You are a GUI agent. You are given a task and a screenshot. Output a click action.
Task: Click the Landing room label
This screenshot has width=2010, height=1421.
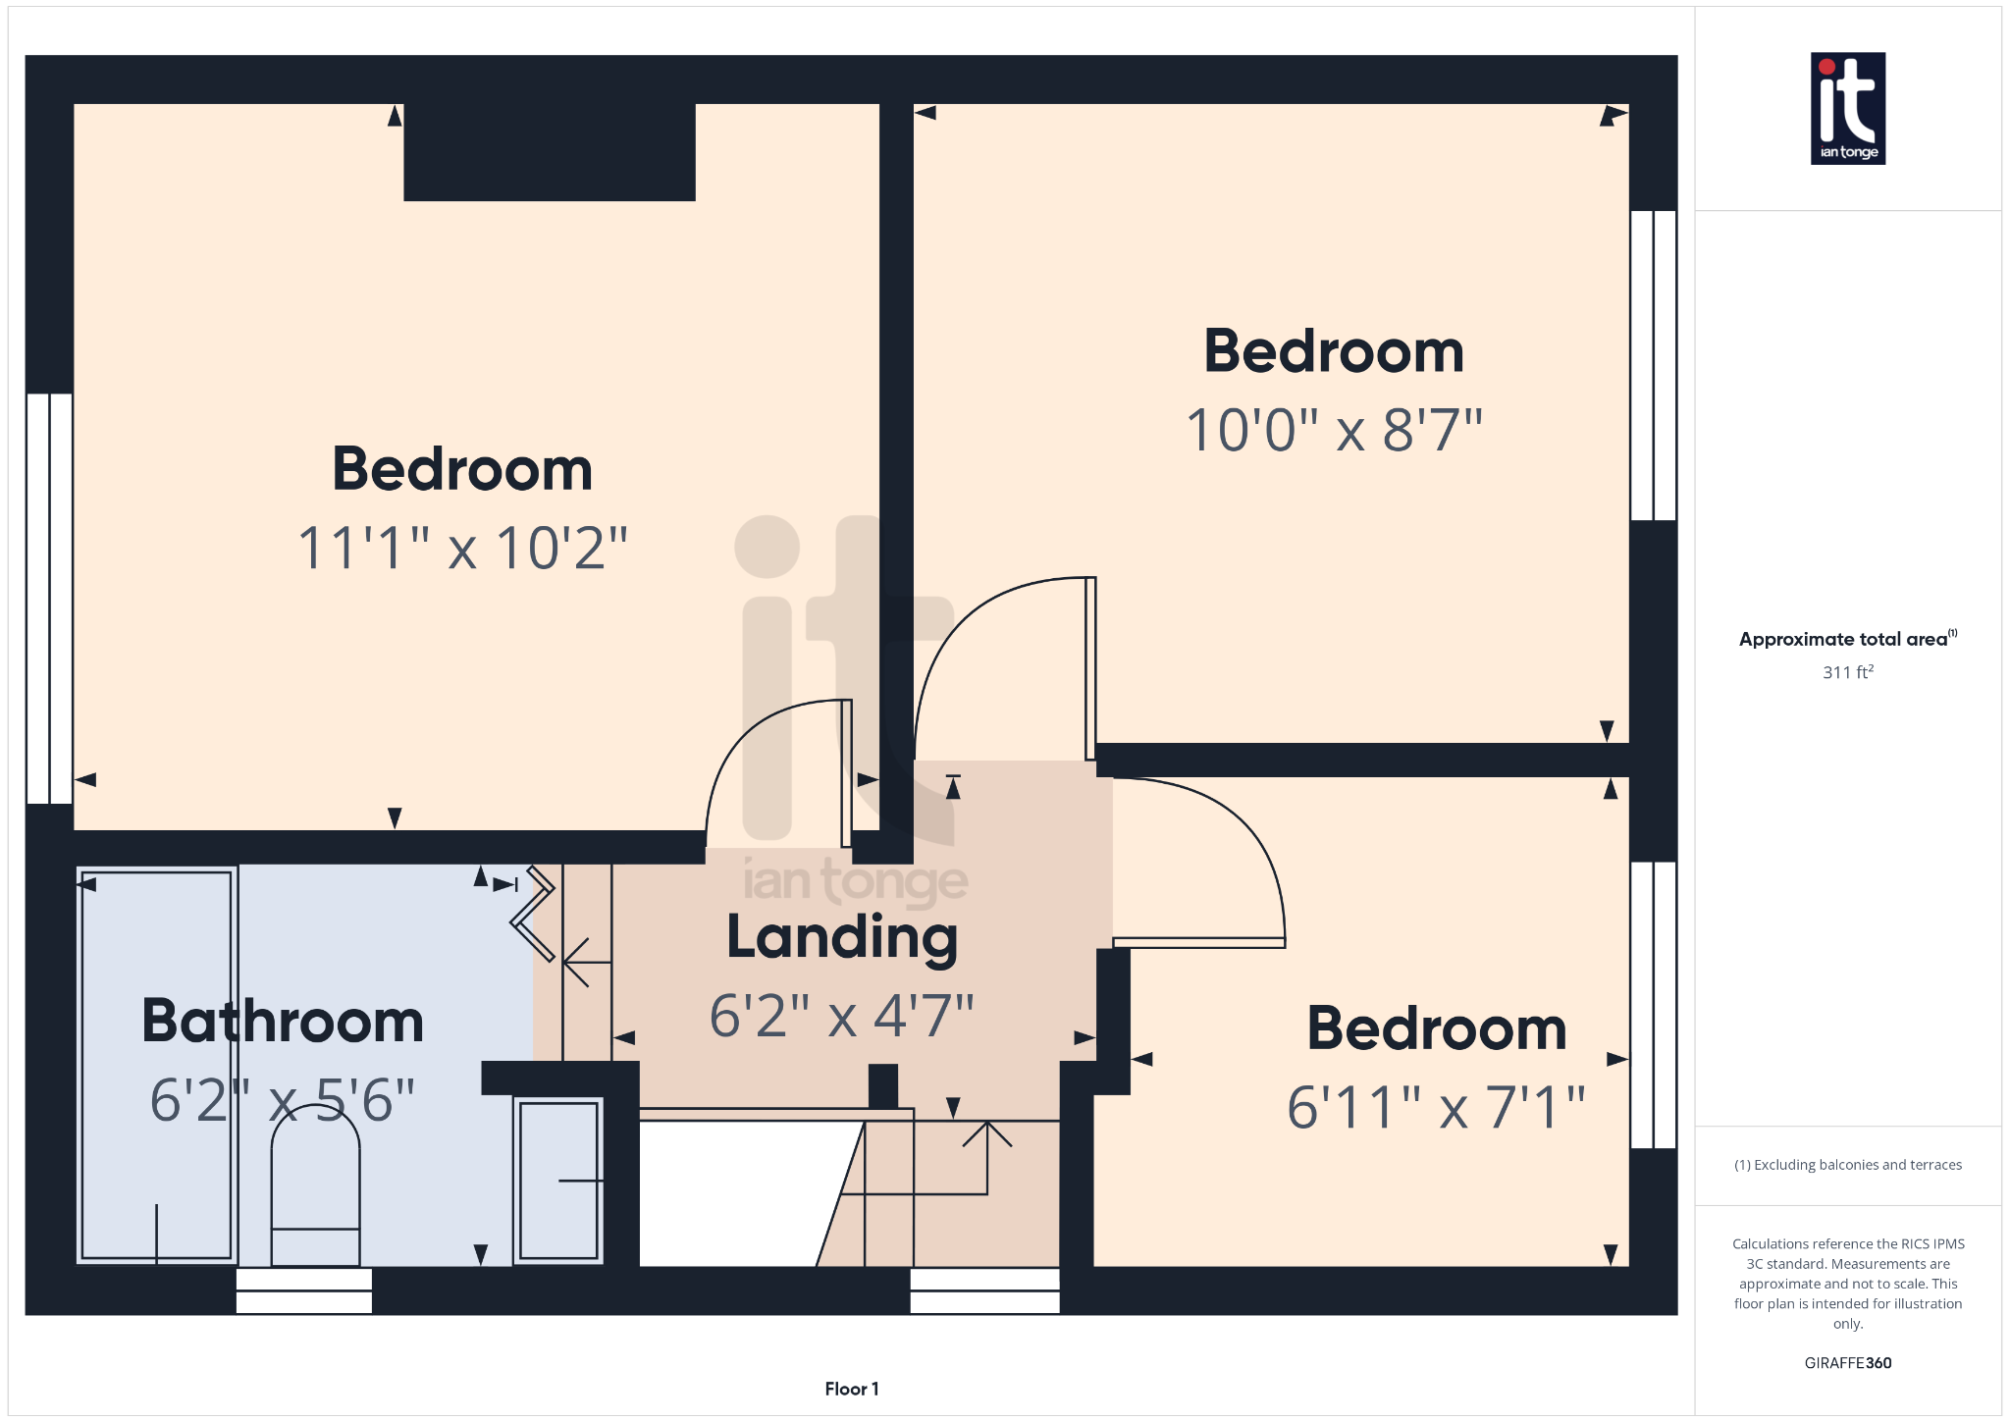842,938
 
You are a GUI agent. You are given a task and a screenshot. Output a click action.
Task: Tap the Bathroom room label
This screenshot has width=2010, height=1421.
283,1021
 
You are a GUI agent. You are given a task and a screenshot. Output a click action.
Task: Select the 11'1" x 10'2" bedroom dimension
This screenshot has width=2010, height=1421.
462,548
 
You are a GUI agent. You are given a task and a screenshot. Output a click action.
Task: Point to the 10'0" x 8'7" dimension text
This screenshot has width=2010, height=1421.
1334,430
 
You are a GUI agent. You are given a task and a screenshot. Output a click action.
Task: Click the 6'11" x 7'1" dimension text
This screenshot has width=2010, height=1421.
1436,1107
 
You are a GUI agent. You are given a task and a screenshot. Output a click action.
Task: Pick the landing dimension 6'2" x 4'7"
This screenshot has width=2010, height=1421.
842,1015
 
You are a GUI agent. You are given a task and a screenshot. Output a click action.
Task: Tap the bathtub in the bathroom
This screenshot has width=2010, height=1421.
157,1065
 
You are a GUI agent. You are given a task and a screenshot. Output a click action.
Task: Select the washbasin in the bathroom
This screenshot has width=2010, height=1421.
558,1181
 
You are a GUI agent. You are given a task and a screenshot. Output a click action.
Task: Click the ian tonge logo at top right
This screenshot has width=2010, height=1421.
1847,108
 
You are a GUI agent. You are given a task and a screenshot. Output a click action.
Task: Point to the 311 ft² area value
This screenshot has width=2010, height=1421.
1847,672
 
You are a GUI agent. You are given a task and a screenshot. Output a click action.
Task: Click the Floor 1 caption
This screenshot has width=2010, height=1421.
852,1389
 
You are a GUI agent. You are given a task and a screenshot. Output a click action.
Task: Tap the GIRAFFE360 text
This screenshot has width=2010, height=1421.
1847,1363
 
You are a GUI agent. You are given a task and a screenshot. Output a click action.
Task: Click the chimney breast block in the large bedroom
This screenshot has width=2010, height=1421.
550,152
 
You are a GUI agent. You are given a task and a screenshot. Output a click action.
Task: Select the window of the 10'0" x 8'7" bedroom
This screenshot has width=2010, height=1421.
1653,365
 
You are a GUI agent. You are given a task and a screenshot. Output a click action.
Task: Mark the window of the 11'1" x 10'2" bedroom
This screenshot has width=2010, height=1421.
49,599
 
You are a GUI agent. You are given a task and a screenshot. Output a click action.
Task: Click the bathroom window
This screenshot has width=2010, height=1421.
304,1290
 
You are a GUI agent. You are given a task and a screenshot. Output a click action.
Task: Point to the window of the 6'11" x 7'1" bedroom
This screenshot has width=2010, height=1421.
1653,1005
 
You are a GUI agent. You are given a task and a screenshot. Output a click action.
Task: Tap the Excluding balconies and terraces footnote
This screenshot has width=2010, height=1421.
1847,1165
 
